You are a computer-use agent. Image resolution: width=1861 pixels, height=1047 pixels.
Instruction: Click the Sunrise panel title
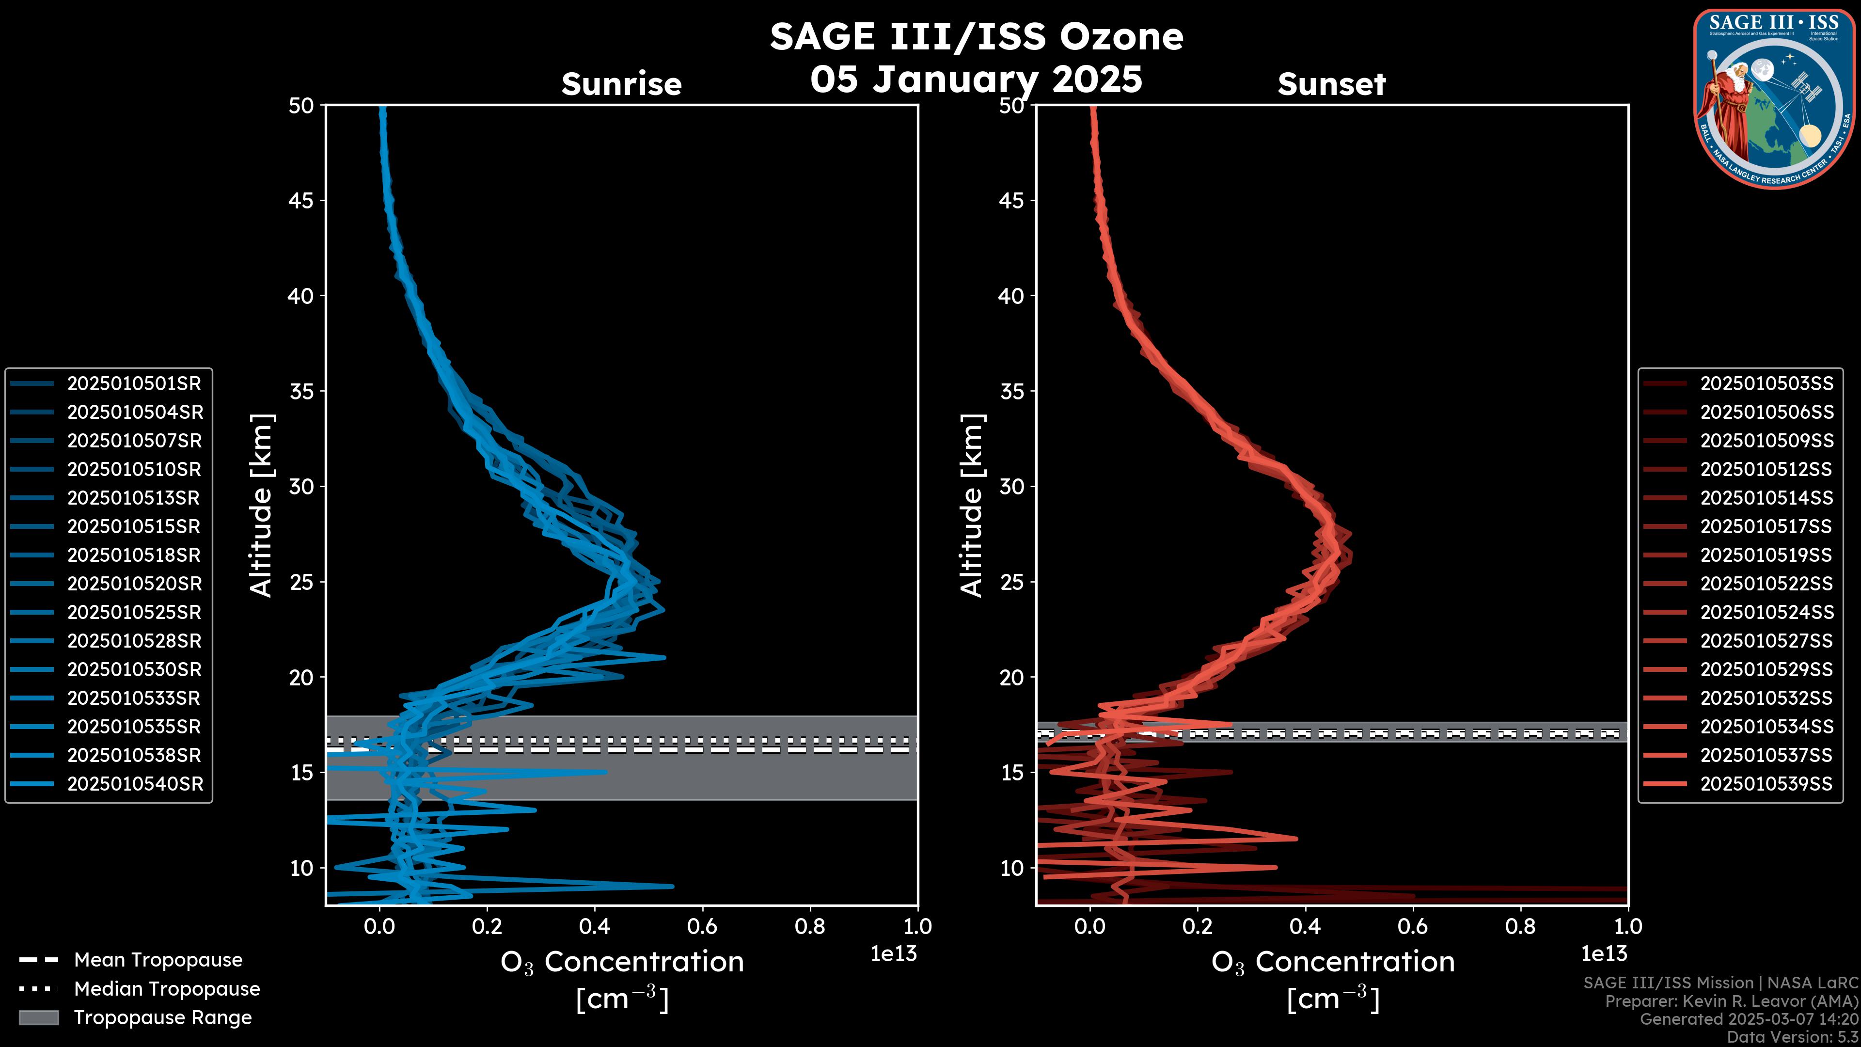(x=621, y=84)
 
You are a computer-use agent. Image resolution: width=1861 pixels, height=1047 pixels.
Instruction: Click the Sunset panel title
(x=1331, y=84)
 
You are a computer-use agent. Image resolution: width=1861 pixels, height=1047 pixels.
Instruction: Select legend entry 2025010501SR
(x=134, y=384)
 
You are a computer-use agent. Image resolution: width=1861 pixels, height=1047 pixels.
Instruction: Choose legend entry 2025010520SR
(x=134, y=584)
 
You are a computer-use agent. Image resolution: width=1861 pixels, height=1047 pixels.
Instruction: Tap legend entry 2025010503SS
(x=1766, y=384)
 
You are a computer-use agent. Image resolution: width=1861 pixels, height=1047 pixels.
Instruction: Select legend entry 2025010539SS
(x=1766, y=784)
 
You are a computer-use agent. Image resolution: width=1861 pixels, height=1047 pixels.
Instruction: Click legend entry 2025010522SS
(x=1766, y=584)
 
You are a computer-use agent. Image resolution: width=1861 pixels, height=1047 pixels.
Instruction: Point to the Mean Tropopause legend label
(x=158, y=960)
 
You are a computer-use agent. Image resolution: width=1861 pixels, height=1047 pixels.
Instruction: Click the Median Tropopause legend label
(x=167, y=989)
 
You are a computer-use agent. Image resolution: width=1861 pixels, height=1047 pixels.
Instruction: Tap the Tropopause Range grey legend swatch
(x=38, y=1017)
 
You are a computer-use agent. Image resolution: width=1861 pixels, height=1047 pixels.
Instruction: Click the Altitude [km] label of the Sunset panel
(x=972, y=505)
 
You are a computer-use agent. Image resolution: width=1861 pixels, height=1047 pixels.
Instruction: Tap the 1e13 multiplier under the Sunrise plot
(x=893, y=954)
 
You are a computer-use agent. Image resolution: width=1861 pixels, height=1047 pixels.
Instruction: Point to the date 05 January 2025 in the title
(x=976, y=79)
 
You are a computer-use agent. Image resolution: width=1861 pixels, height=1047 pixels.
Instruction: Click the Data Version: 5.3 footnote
(x=1792, y=1037)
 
